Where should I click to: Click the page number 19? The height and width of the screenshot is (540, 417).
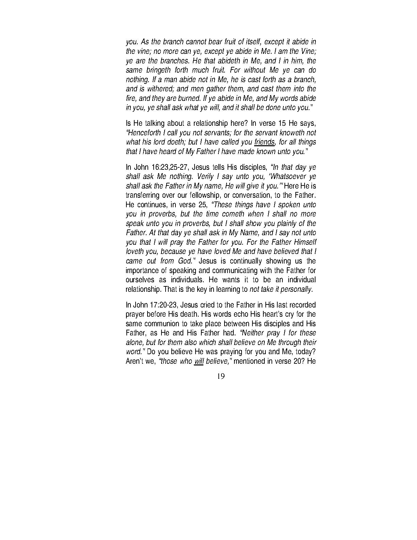(x=220, y=376)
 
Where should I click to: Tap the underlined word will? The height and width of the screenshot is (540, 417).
(x=198, y=361)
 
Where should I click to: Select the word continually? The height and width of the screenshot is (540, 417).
(x=246, y=261)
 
